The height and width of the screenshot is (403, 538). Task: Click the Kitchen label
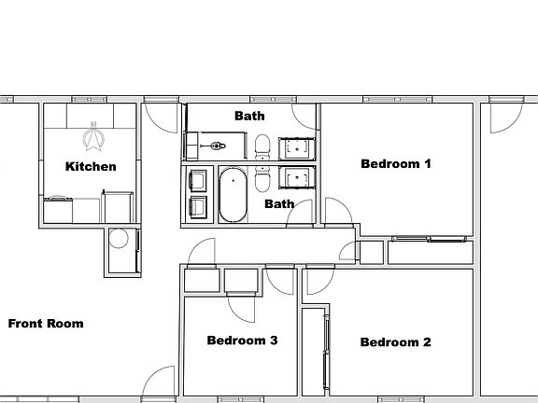click(91, 167)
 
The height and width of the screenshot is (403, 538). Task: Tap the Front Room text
click(46, 324)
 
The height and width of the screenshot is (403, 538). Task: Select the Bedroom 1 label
click(395, 164)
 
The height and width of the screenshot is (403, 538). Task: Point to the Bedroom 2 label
click(395, 342)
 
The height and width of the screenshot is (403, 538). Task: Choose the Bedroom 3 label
click(242, 340)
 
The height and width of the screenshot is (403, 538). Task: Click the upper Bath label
click(249, 117)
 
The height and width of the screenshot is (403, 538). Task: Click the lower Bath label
click(279, 203)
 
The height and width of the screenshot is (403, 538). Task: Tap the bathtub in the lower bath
click(234, 194)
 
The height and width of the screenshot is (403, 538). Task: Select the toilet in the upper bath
click(262, 146)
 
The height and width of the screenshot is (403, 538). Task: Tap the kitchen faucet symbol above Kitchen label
click(92, 138)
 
